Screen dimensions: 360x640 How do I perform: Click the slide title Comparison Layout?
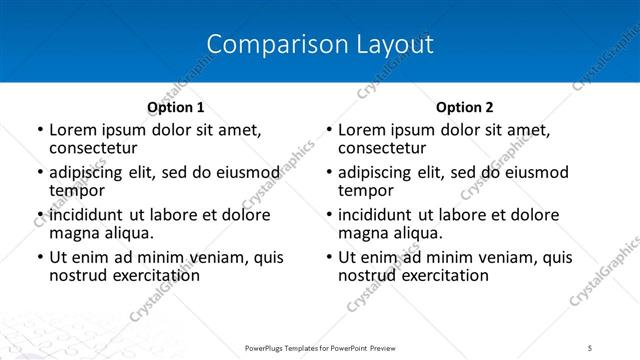point(320,45)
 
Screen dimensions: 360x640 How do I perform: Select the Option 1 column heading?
point(176,107)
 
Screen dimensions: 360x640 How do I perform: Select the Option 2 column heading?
point(465,107)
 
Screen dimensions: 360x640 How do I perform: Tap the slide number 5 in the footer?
point(590,348)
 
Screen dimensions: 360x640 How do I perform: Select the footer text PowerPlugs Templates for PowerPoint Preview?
point(320,348)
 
